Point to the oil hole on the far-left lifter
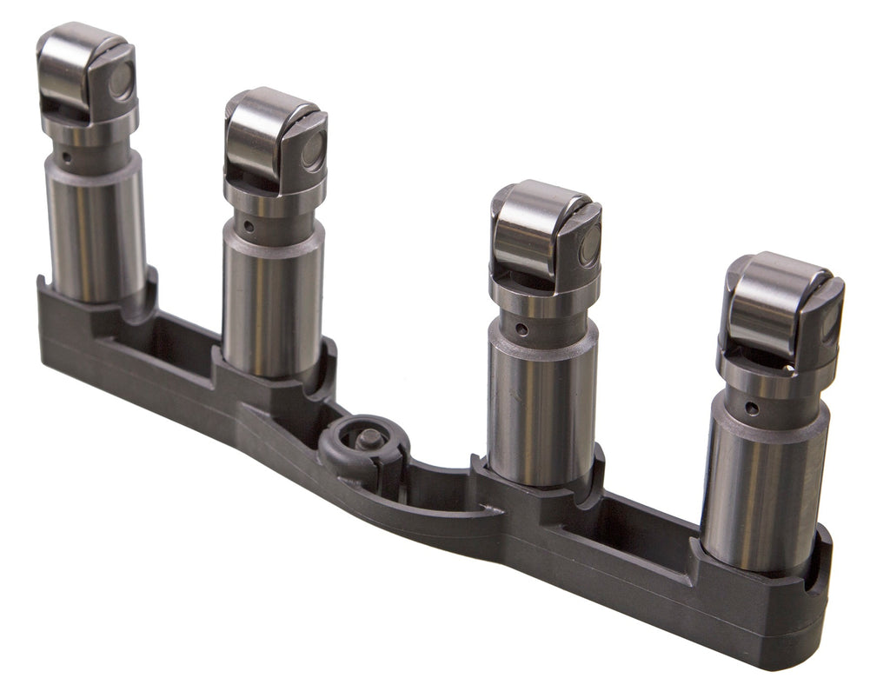[67, 158]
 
